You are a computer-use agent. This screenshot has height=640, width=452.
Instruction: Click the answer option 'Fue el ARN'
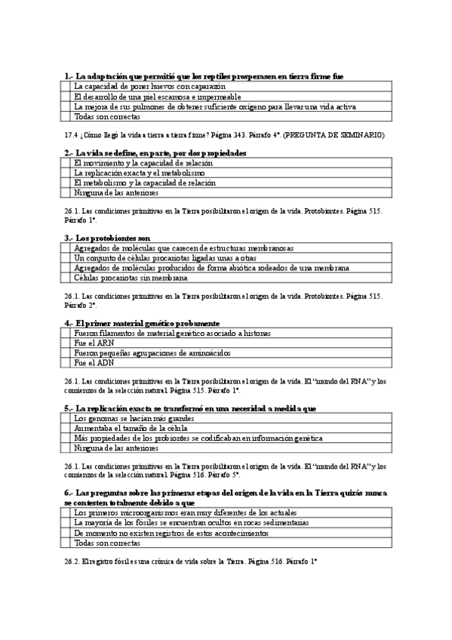[x=89, y=343]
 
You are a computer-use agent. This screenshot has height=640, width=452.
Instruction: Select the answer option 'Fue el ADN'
[x=89, y=362]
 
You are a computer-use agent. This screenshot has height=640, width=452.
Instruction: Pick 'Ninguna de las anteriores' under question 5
[x=116, y=448]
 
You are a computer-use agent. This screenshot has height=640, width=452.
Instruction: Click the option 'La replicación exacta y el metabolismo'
[x=140, y=172]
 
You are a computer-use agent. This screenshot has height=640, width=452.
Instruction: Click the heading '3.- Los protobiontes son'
[x=107, y=238]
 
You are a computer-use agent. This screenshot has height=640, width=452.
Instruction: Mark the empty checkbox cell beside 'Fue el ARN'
[x=66, y=343]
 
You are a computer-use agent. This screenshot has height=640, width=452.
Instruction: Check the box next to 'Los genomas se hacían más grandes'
[x=66, y=418]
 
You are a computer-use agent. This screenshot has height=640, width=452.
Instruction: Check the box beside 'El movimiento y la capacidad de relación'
[x=66, y=162]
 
